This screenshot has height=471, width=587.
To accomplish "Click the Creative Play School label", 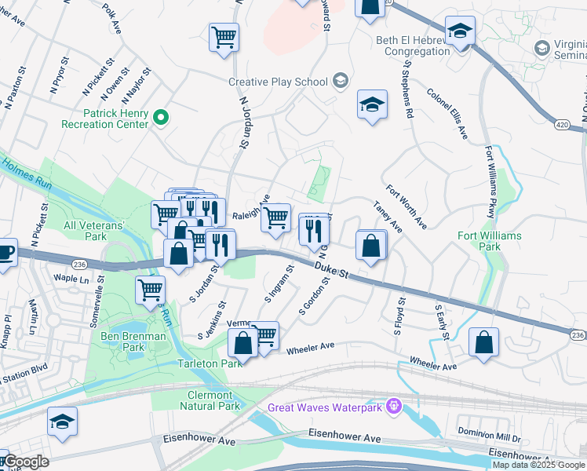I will [x=279, y=82].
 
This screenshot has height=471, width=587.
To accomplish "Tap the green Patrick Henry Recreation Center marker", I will [x=161, y=119].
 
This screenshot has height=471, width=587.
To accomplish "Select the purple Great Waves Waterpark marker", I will [x=393, y=407].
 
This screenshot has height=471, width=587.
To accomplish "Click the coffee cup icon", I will [x=5, y=254].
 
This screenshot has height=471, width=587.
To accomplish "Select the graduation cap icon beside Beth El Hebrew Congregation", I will [x=460, y=32].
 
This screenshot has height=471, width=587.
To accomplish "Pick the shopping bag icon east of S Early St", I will [x=484, y=342].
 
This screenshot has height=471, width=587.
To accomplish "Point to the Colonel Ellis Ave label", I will [x=447, y=114].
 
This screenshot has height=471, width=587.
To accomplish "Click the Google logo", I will [x=26, y=462].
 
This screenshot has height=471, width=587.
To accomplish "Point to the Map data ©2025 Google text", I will [x=538, y=465].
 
